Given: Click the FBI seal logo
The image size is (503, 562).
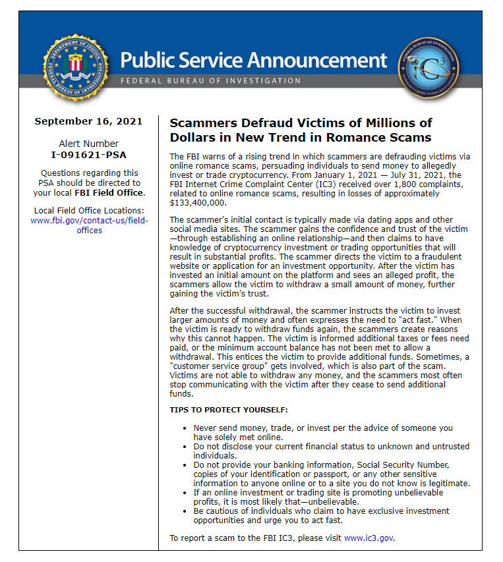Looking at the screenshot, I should pyautogui.click(x=74, y=65).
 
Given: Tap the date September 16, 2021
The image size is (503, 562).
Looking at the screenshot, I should pyautogui.click(x=88, y=121).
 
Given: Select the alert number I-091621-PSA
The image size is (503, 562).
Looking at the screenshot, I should pyautogui.click(x=88, y=155).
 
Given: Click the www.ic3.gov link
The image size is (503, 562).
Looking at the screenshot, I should pyautogui.click(x=369, y=538).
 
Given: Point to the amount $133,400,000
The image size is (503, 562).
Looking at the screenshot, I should pyautogui.click(x=197, y=202).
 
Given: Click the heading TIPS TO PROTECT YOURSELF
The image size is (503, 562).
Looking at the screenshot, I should pyautogui.click(x=229, y=410).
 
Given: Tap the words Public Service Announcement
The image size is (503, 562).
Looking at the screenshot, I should pyautogui.click(x=254, y=61).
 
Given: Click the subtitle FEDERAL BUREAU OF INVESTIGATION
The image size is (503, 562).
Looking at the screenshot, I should pyautogui.click(x=210, y=80).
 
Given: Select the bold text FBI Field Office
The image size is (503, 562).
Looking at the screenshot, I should pyautogui.click(x=109, y=193).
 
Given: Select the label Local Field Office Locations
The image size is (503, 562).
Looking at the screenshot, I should pyautogui.click(x=88, y=211).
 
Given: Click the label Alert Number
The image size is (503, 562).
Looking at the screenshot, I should pyautogui.click(x=88, y=144).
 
